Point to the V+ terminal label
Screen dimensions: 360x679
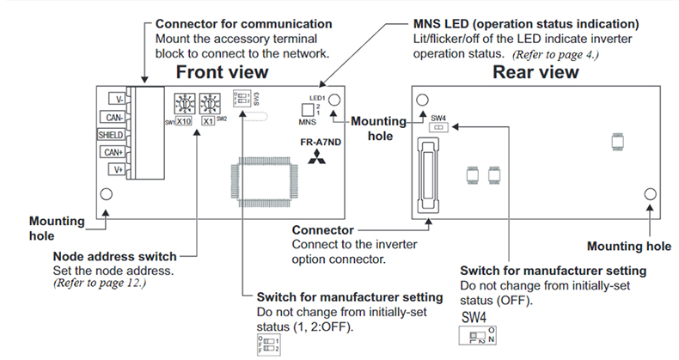116,169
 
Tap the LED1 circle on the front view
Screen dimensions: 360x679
334,100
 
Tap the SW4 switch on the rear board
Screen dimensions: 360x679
438,126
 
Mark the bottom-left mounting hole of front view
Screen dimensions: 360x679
107,195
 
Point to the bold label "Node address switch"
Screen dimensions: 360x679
115,256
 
